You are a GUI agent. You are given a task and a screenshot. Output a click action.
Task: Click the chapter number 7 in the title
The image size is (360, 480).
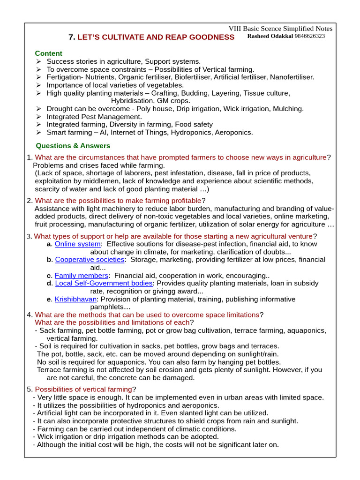pos(71,37)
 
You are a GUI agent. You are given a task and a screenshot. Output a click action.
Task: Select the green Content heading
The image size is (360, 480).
pos(48,53)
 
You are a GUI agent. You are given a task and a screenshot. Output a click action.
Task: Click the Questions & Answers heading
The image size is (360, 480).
pos(73,146)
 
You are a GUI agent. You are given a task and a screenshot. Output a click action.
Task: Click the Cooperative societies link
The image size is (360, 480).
pos(90,260)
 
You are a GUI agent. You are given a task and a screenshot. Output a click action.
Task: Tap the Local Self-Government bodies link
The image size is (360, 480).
pos(104,284)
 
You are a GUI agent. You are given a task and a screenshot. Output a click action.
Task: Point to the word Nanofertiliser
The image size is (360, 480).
pos(291,77)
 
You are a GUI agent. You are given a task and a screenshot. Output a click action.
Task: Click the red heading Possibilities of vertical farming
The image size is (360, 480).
pos(83,389)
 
